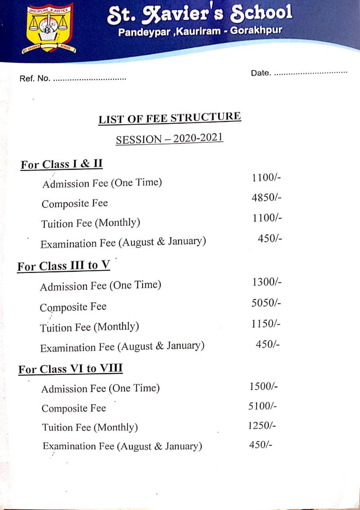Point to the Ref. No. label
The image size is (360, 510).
click(35, 78)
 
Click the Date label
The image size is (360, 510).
click(261, 73)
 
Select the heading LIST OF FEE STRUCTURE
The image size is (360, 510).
click(170, 118)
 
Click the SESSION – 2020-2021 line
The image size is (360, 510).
click(170, 139)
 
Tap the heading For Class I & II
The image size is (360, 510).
click(62, 164)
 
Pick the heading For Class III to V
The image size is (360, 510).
click(63, 266)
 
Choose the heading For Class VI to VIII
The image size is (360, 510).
click(70, 369)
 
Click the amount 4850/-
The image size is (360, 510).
click(267, 198)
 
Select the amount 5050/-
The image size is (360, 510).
click(266, 303)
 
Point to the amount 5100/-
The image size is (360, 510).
click(262, 406)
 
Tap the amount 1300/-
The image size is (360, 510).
click(267, 282)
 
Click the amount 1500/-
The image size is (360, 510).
click(264, 386)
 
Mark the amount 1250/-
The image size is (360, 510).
click(262, 426)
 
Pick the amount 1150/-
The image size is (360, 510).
click(266, 324)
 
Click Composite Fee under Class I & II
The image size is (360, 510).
click(74, 204)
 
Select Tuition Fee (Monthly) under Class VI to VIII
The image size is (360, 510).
click(90, 428)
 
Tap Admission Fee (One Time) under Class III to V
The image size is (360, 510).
click(100, 286)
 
